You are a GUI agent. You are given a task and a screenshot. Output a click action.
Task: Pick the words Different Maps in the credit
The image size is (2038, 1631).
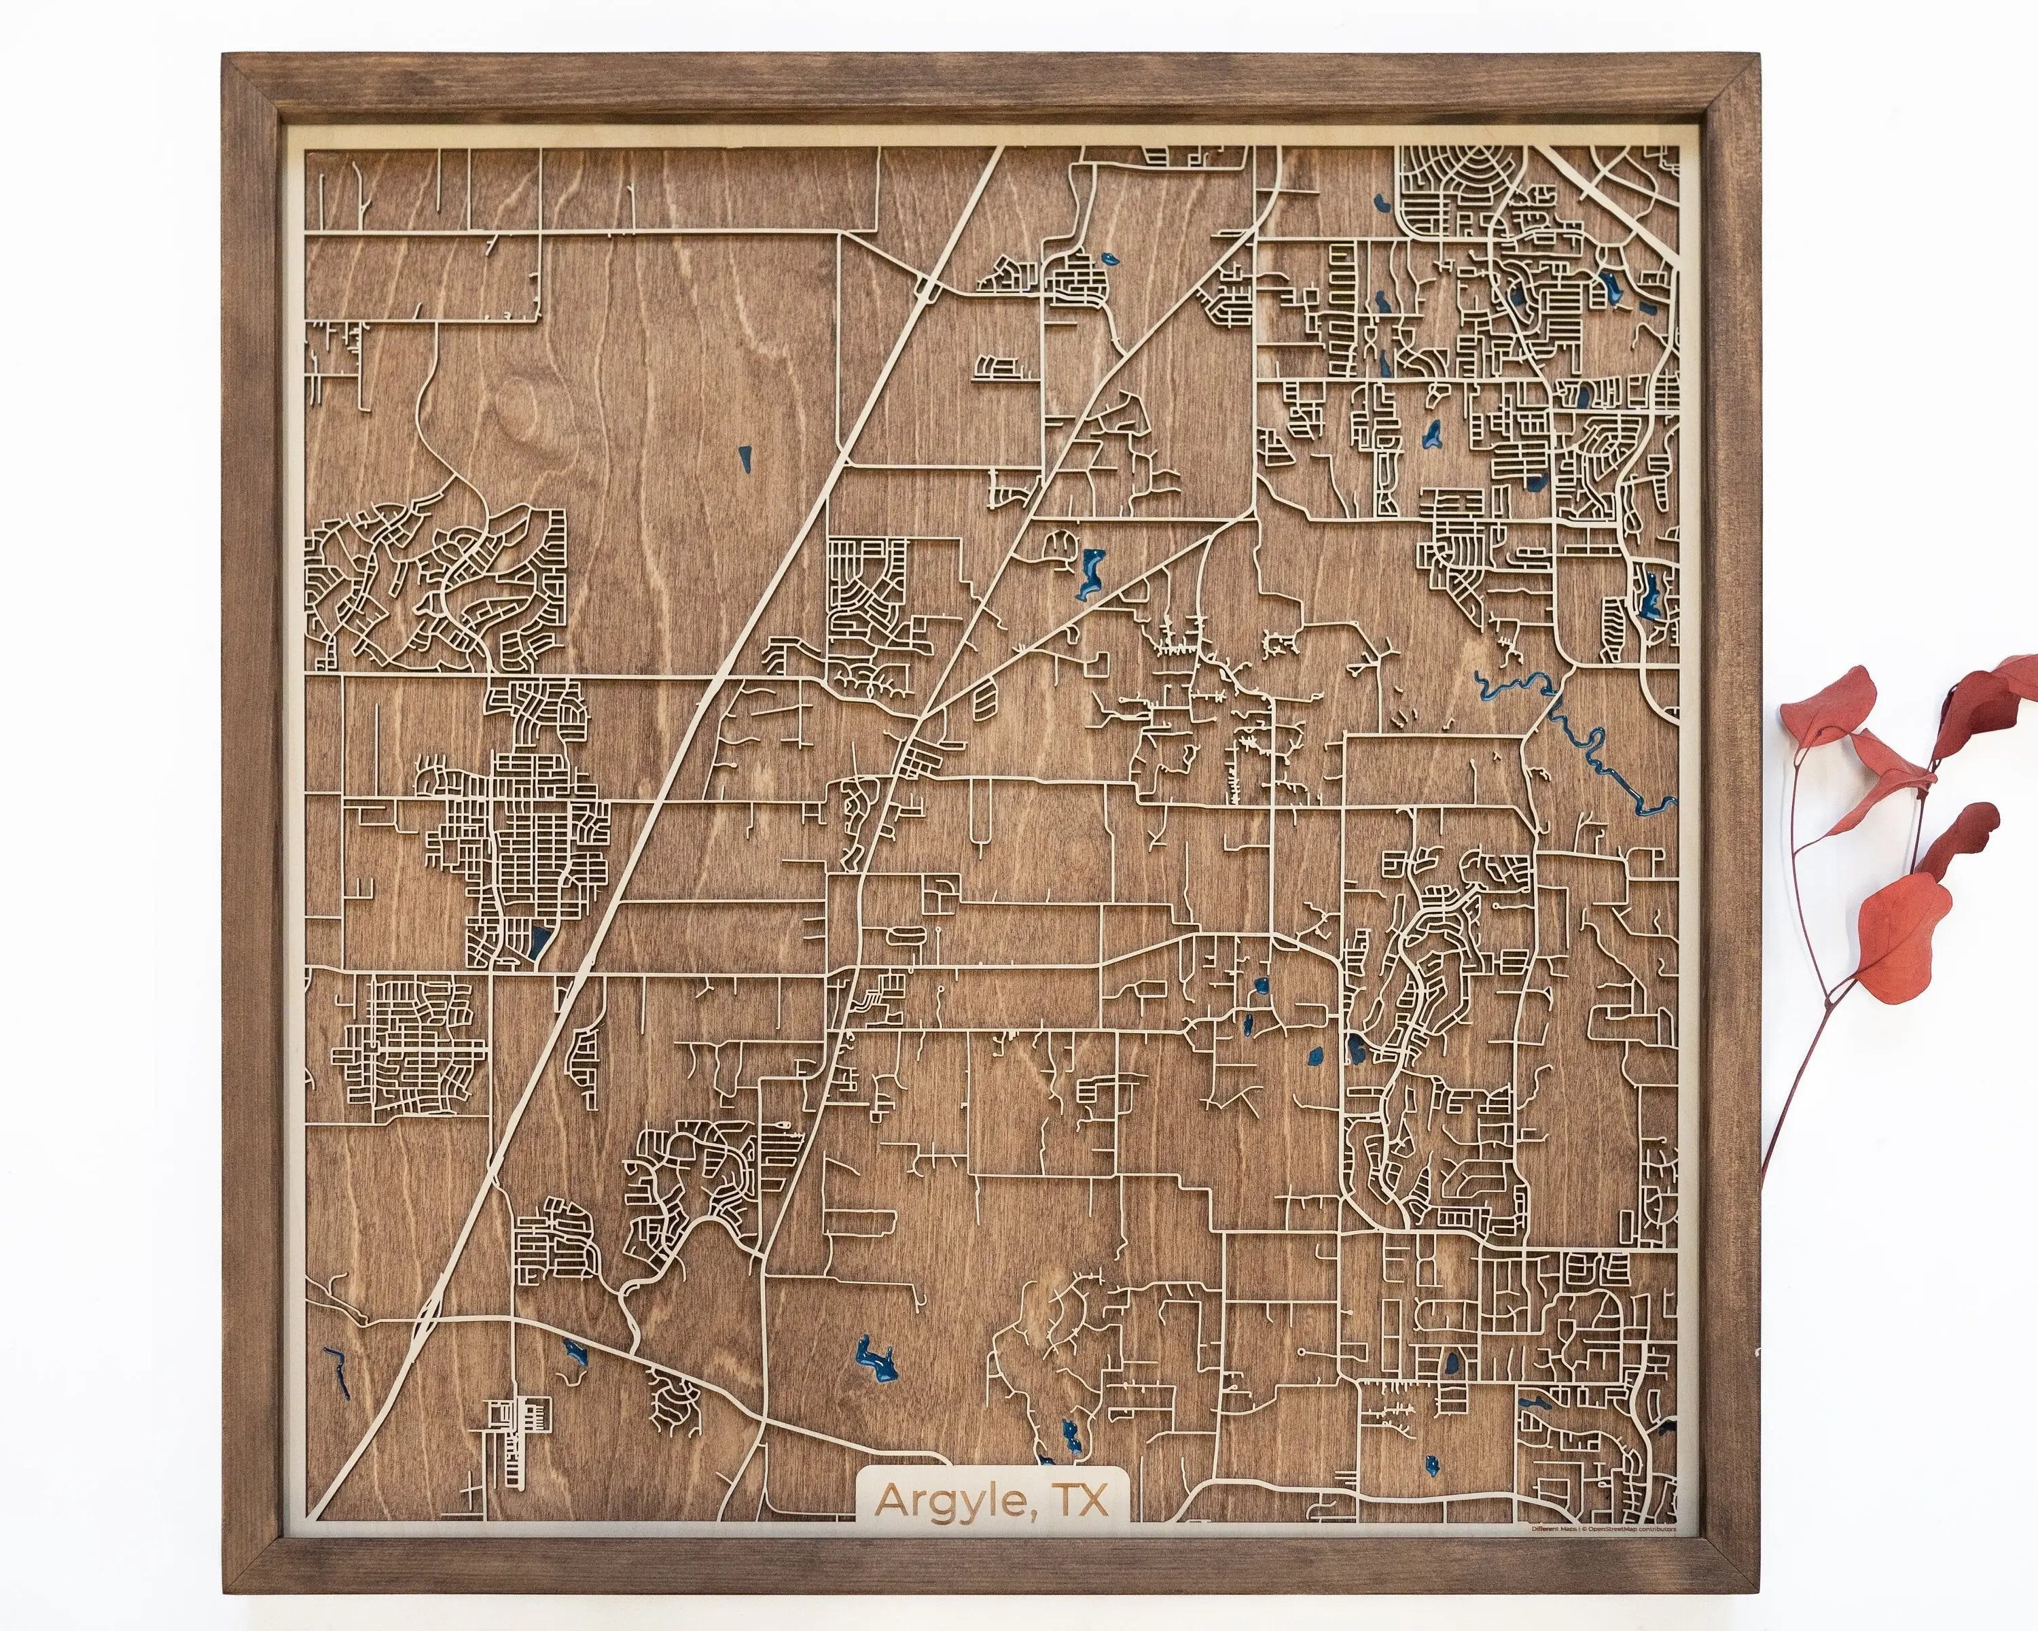tap(1550, 1527)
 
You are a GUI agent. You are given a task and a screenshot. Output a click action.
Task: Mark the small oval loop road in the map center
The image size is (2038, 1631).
tap(905, 936)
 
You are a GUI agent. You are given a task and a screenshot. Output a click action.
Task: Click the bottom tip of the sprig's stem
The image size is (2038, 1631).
tap(1764, 1181)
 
